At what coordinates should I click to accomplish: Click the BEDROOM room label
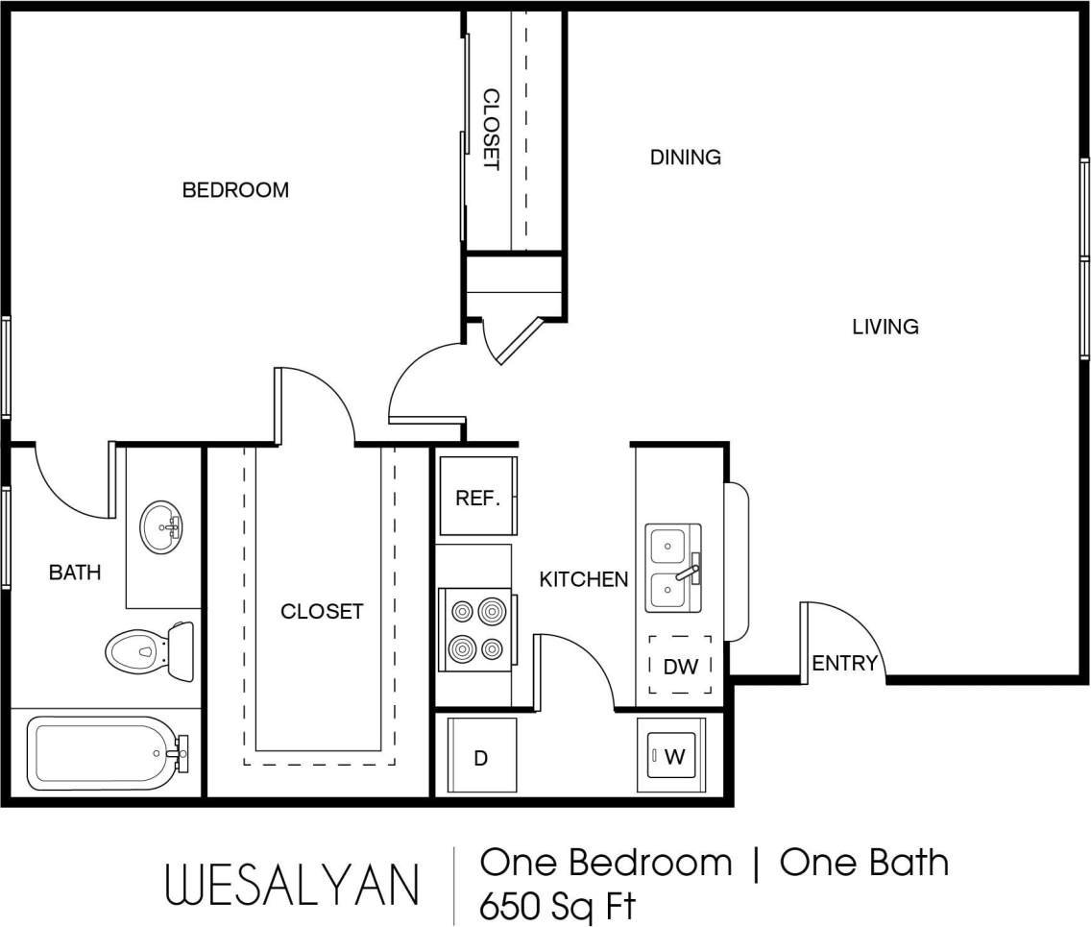click(x=235, y=190)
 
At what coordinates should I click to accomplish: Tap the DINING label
click(x=685, y=157)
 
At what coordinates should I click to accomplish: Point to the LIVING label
click(x=885, y=327)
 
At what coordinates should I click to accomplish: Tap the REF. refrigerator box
click(x=477, y=497)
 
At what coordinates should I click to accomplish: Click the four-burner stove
click(x=476, y=629)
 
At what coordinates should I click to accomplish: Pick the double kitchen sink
click(x=671, y=568)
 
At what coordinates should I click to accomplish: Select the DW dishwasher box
click(x=680, y=665)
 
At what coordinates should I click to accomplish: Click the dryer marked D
click(x=481, y=756)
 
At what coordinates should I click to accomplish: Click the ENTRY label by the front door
click(x=844, y=663)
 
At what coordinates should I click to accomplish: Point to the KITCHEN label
click(x=583, y=579)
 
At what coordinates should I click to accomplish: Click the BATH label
click(x=75, y=573)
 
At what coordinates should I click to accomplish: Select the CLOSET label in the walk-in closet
click(x=322, y=611)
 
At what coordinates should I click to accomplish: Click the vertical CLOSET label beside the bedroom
click(x=491, y=130)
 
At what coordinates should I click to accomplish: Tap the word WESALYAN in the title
click(x=293, y=884)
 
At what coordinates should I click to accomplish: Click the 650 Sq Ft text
click(x=557, y=906)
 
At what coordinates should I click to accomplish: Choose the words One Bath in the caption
click(x=863, y=863)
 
